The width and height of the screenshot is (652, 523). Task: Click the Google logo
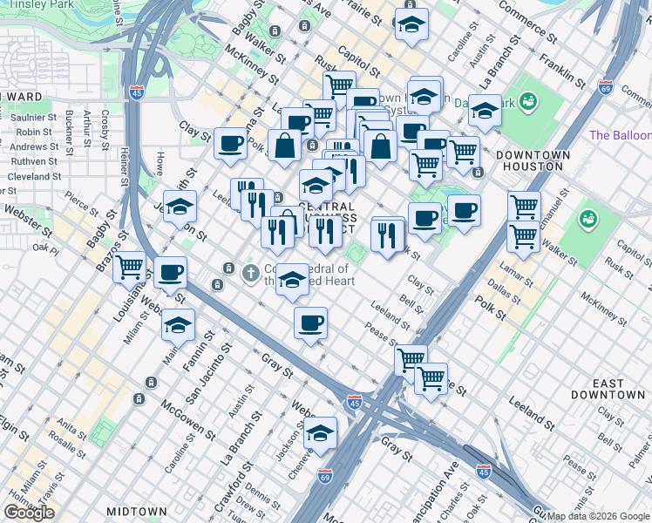click(x=29, y=512)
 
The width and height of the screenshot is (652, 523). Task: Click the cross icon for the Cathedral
click(x=250, y=274)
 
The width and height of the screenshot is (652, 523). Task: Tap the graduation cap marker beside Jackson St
click(x=320, y=432)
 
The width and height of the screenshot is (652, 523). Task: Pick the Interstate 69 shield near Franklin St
click(x=606, y=87)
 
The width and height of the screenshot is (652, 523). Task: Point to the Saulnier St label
click(x=35, y=117)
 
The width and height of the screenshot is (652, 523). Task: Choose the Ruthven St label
click(x=34, y=161)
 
